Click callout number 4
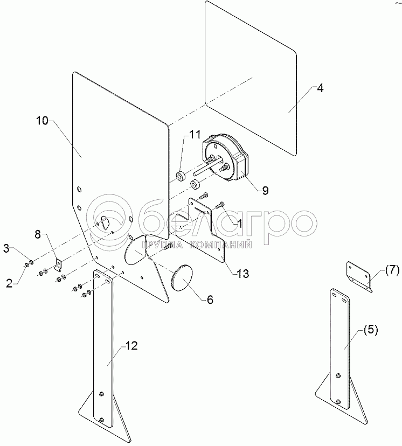coord(320,89)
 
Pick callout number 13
coord(242,274)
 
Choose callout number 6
coord(210,299)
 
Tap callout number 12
coord(131,346)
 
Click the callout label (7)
coord(392,270)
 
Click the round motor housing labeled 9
coord(226,159)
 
